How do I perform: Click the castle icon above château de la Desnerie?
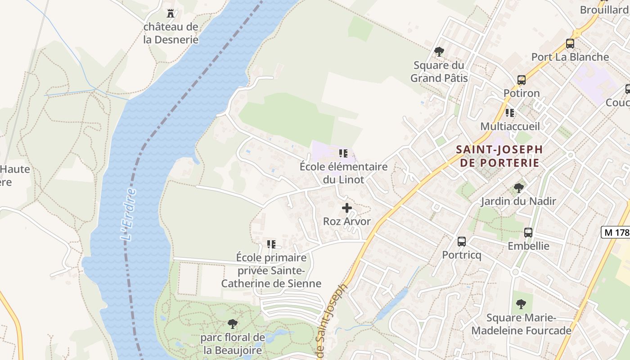[171, 13]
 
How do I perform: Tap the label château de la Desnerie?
[171, 33]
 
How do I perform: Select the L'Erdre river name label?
[129, 215]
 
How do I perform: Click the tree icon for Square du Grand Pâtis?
[439, 51]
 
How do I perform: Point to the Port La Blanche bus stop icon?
[570, 44]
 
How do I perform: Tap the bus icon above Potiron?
[521, 80]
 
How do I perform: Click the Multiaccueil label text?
[510, 126]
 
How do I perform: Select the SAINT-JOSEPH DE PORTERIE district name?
[499, 156]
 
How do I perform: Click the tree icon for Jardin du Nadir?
[518, 188]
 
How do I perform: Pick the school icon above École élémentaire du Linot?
[344, 153]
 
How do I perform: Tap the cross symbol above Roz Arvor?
[347, 208]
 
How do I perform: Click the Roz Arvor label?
[347, 221]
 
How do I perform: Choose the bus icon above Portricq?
[461, 242]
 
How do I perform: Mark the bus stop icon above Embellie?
[528, 233]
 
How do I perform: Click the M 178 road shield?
[615, 232]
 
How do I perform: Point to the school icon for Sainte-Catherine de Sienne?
[271, 244]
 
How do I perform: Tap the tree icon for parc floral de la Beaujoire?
[233, 324]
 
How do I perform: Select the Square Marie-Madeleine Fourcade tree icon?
[521, 304]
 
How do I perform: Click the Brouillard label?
[604, 9]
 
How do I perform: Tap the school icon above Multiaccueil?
[510, 112]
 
